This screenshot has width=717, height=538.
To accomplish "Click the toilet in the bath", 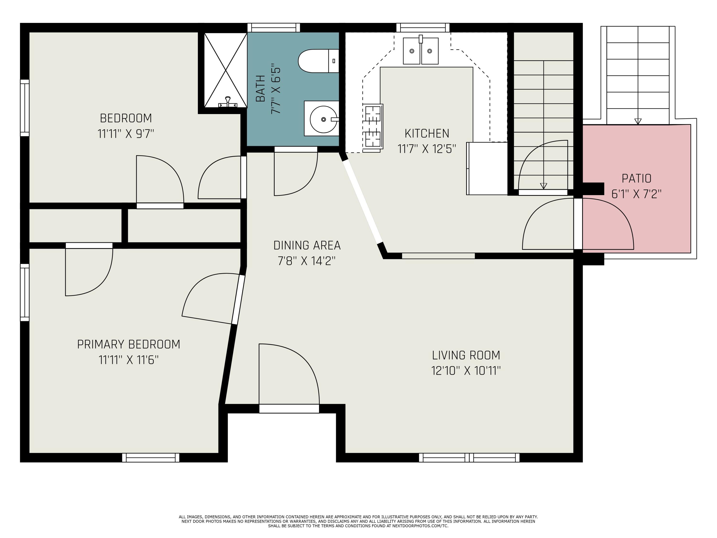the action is (x=318, y=61).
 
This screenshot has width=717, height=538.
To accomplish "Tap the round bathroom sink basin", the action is (x=323, y=119).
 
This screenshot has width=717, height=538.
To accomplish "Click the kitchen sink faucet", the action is (x=421, y=39).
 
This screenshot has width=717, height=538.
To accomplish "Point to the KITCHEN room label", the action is (x=427, y=133).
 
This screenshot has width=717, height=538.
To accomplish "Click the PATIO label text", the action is (x=636, y=178).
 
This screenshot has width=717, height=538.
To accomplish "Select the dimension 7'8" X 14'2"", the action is (x=307, y=261).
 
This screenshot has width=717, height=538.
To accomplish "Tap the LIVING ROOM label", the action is (x=466, y=355).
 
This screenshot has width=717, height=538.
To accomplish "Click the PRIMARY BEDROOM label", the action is (x=129, y=344).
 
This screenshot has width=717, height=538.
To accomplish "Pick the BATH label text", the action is (x=260, y=88).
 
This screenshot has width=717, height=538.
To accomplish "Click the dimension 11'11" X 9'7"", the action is (x=126, y=134).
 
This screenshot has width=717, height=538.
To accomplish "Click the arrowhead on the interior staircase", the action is (x=543, y=186).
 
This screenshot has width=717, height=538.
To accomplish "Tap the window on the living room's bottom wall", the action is (x=469, y=458).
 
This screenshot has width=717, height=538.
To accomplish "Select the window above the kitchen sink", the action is (x=423, y=27).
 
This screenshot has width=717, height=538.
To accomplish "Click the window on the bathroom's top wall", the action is (x=274, y=27).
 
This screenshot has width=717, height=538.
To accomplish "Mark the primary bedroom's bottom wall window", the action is (x=151, y=458).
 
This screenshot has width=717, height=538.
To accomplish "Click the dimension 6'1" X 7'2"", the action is (x=636, y=194).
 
